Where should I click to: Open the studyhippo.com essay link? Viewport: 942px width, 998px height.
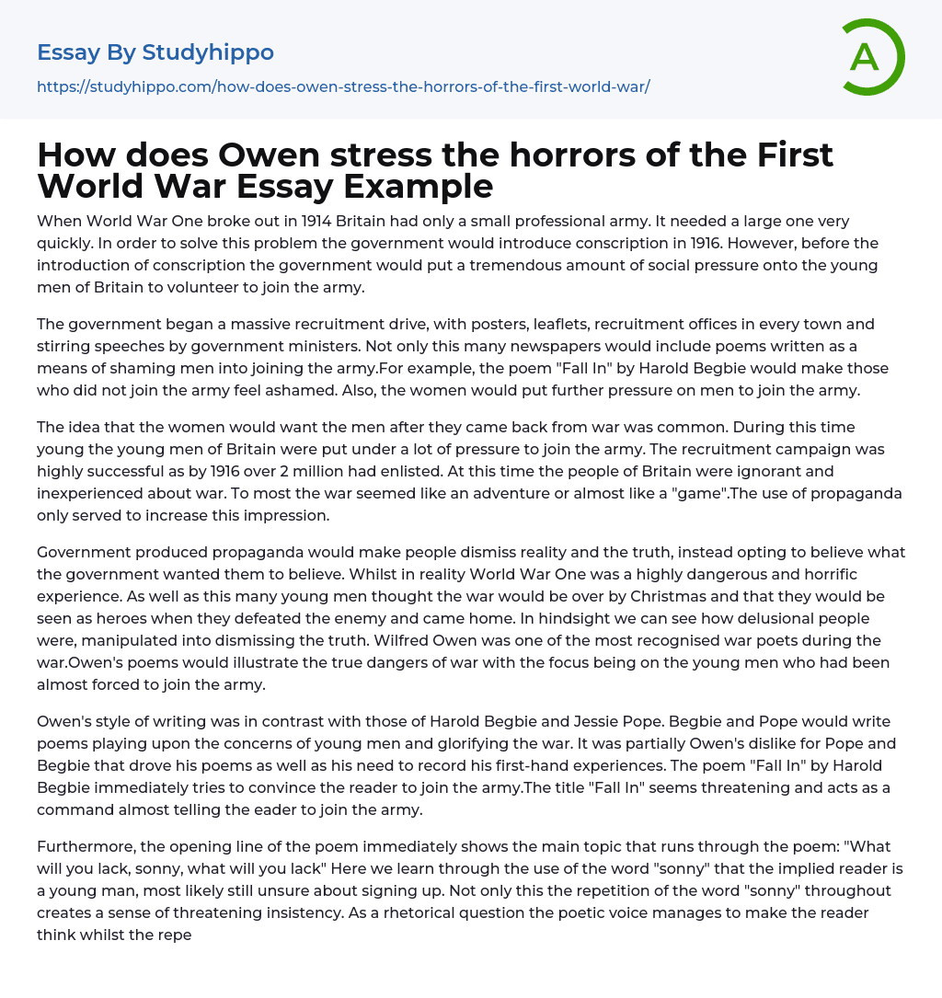click(343, 86)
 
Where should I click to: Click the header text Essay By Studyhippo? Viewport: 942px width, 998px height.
click(155, 52)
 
